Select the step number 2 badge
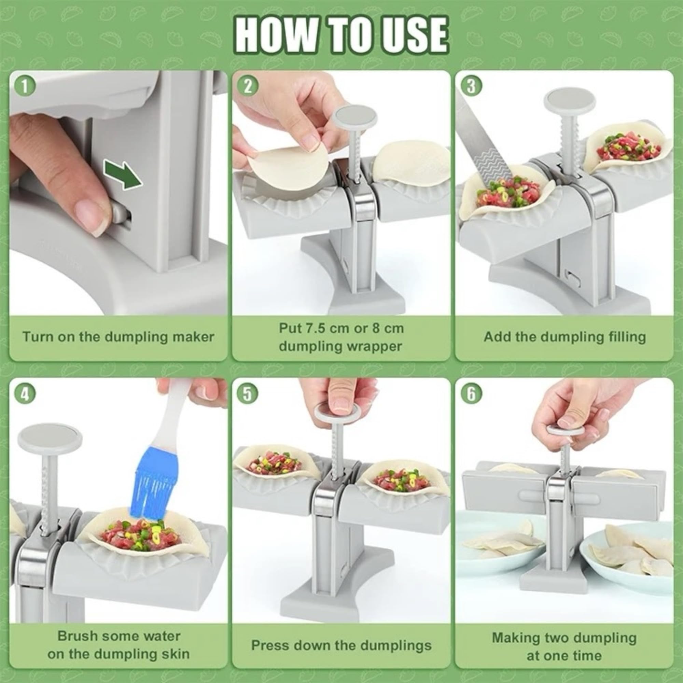pos(248,87)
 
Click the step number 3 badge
pos(471,87)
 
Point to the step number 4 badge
pos(24,394)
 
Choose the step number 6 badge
pos(471,394)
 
